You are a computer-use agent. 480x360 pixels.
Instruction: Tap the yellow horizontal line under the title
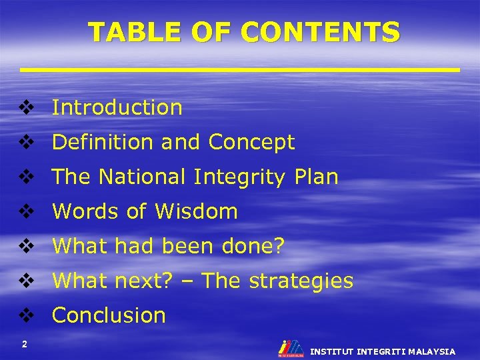(240, 69)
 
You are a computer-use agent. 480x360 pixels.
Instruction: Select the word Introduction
(117, 107)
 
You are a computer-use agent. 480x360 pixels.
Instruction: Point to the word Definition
(102, 142)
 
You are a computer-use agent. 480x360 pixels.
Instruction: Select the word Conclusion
(109, 315)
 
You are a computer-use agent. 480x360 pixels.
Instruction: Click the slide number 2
(24, 344)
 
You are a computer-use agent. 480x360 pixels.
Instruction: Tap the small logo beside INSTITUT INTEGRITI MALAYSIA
(290, 348)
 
